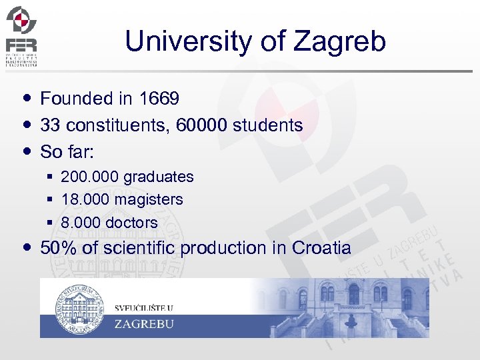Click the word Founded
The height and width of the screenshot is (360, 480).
[77, 99]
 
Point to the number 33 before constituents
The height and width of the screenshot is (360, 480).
[50, 125]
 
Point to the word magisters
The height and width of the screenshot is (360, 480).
[149, 199]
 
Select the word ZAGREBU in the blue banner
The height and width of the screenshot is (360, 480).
[144, 325]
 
